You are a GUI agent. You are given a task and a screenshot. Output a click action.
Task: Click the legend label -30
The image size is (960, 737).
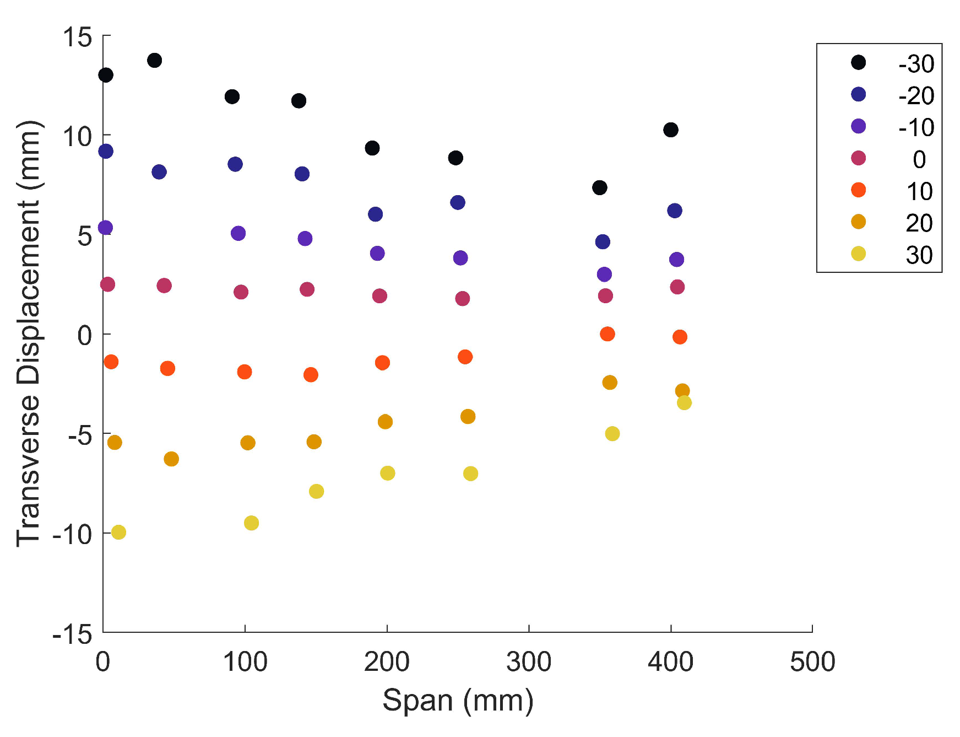(916, 64)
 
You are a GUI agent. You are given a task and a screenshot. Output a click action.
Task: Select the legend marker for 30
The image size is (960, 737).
(858, 254)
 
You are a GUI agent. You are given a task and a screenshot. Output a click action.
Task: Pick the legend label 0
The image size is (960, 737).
(919, 160)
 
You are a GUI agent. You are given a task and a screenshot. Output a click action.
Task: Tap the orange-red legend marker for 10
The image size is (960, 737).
(858, 190)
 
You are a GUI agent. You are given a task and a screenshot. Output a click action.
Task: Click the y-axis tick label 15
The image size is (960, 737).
(77, 37)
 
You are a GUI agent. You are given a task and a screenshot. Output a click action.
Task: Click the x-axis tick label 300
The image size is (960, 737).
(528, 661)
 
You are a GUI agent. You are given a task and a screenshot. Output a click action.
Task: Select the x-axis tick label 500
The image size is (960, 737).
(812, 661)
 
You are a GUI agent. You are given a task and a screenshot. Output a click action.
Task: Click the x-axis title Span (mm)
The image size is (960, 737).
(458, 701)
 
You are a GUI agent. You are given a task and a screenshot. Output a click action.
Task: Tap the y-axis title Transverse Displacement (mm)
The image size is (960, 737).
(29, 333)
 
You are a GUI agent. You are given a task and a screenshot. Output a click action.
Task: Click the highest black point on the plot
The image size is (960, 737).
(154, 60)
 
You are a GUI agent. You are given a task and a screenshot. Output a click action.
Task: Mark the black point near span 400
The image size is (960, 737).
(670, 130)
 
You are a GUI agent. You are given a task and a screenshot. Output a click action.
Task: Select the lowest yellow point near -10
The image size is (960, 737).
(118, 532)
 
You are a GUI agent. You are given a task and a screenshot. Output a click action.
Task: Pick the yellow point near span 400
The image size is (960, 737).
(684, 403)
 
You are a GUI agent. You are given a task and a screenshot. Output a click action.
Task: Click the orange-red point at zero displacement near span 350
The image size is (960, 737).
(607, 334)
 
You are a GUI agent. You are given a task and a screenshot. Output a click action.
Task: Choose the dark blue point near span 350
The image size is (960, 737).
(603, 241)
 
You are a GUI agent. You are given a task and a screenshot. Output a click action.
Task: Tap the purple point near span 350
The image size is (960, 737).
(604, 274)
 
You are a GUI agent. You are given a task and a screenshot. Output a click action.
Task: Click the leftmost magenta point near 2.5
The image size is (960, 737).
(107, 284)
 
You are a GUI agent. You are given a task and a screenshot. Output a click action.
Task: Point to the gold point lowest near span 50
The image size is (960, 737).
(171, 459)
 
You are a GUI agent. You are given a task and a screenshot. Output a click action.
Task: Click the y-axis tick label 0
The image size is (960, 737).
(85, 335)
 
